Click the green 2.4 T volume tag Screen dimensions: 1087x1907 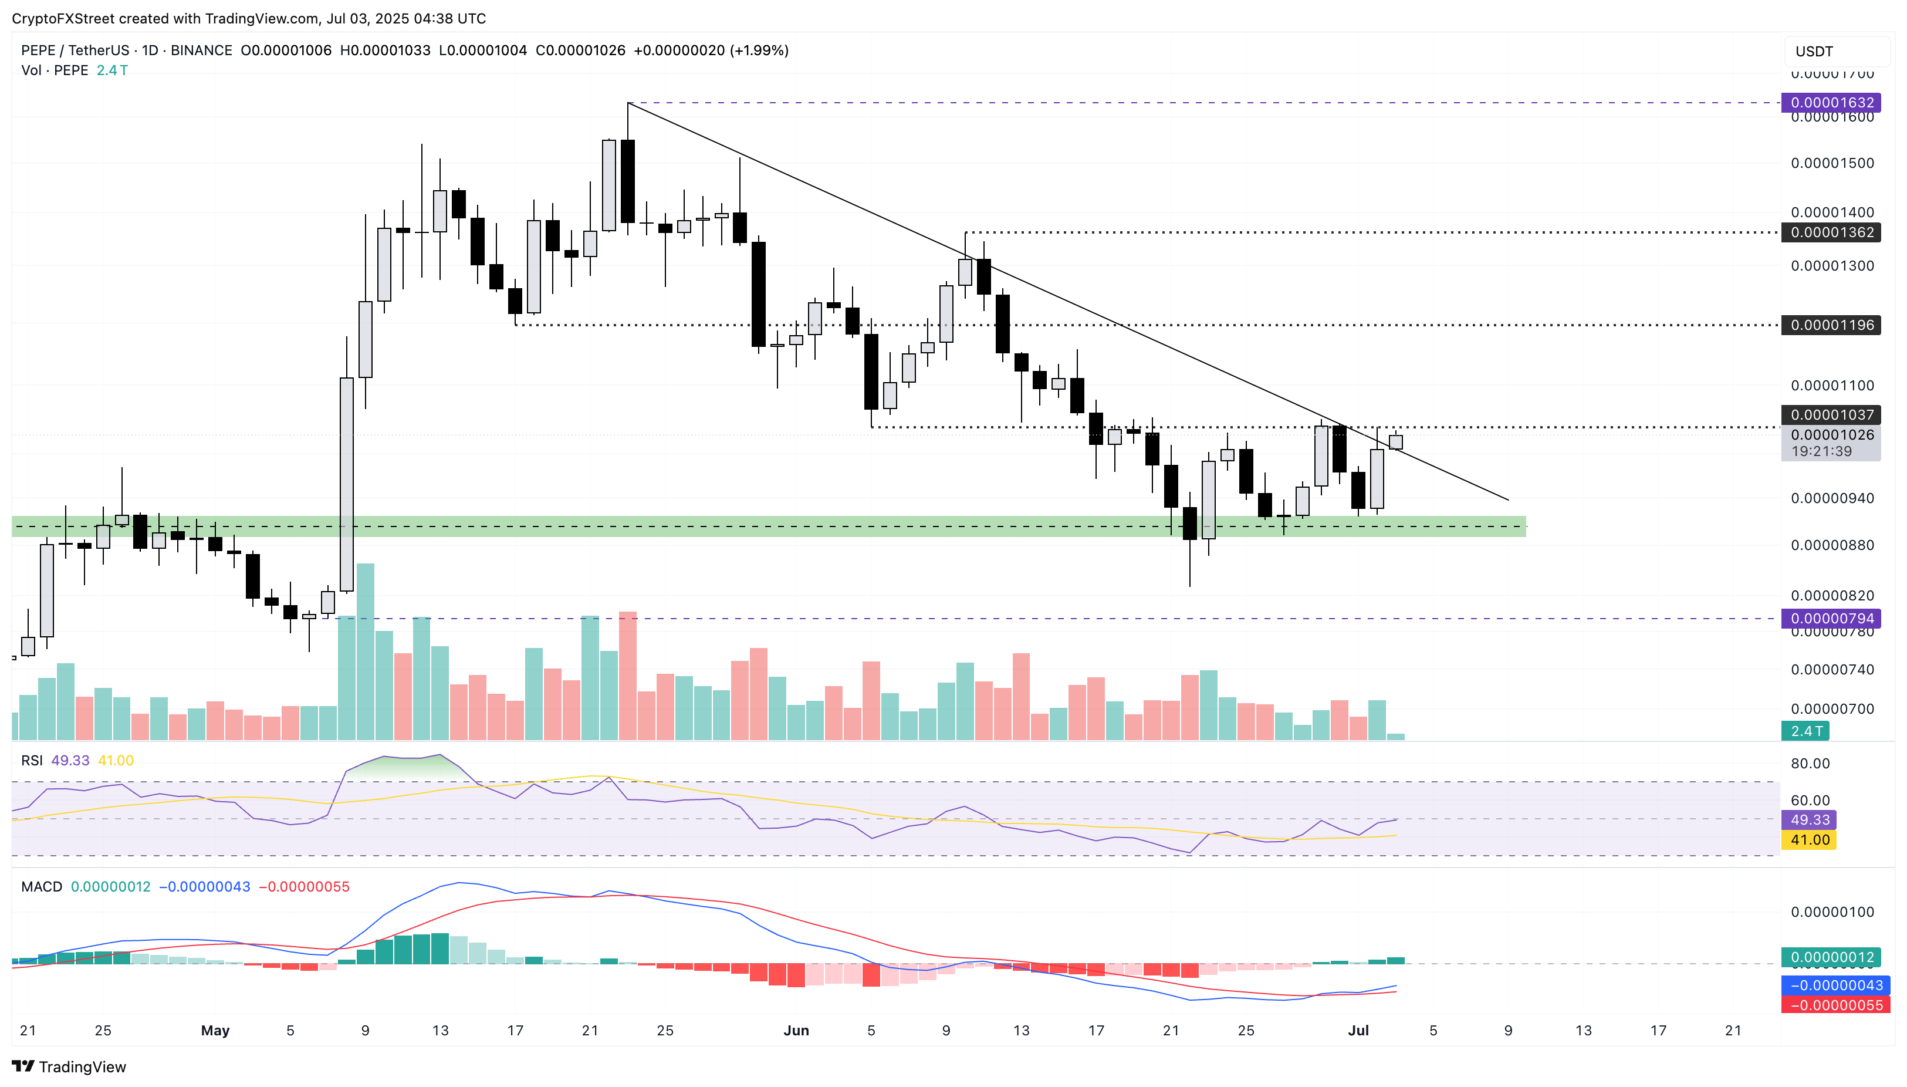1805,731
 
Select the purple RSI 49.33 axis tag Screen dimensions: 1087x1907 1808,820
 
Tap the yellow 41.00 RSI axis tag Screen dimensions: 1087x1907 1808,840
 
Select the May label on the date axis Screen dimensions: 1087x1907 215,1030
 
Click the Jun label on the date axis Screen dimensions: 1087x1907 796,1030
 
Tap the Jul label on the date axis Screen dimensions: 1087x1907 1358,1030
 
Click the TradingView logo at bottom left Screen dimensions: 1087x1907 69,1066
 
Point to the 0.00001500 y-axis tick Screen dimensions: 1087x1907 1832,163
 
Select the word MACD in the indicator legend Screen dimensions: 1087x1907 42,886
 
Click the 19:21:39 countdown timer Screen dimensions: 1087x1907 1821,451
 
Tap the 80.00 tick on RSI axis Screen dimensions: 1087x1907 1810,763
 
